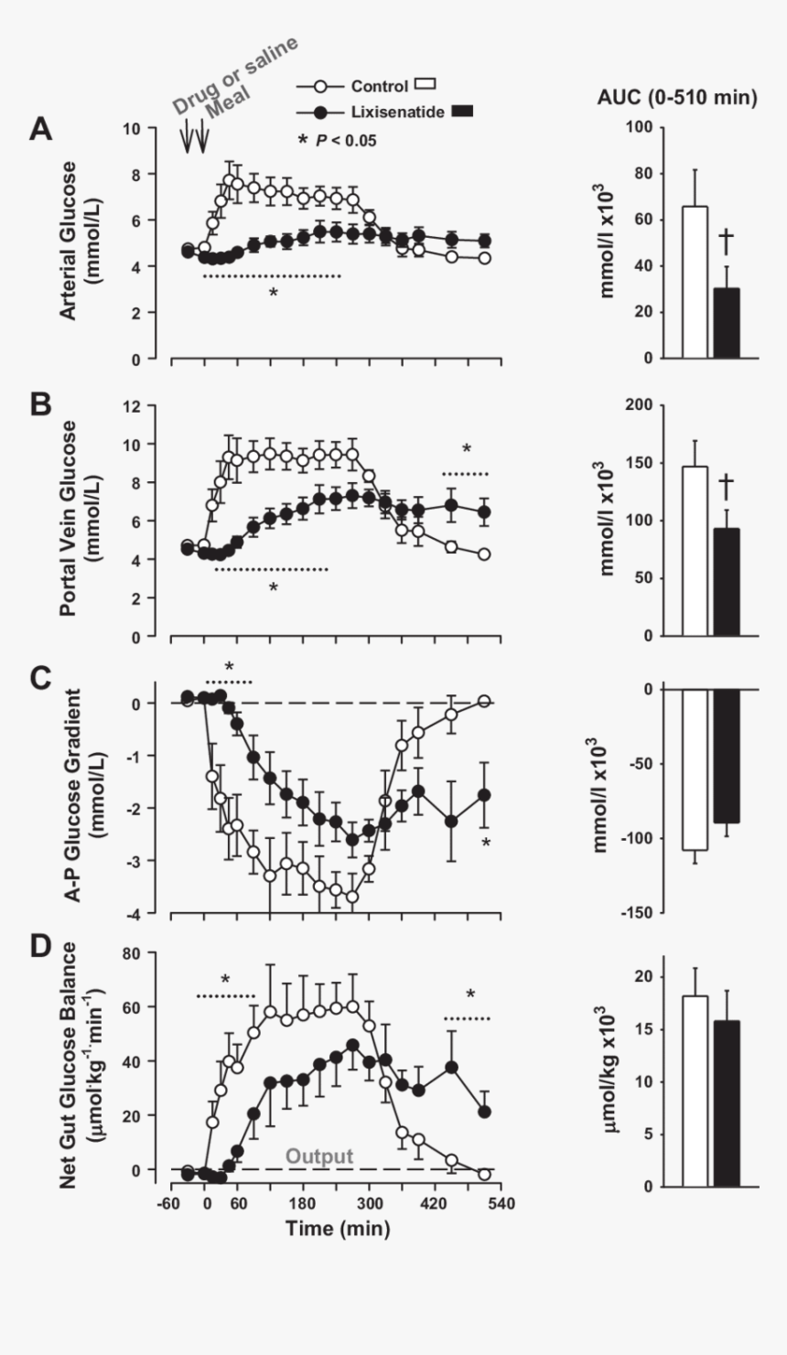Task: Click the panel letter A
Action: (x=40, y=129)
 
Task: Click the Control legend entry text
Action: (x=379, y=86)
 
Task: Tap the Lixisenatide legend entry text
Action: (x=398, y=112)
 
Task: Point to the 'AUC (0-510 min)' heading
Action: (x=684, y=99)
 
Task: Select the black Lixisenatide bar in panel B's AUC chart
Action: (x=727, y=582)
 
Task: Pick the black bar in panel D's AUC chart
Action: (x=727, y=1103)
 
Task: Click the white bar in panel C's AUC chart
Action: (x=695, y=769)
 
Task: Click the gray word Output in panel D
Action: (x=318, y=1156)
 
